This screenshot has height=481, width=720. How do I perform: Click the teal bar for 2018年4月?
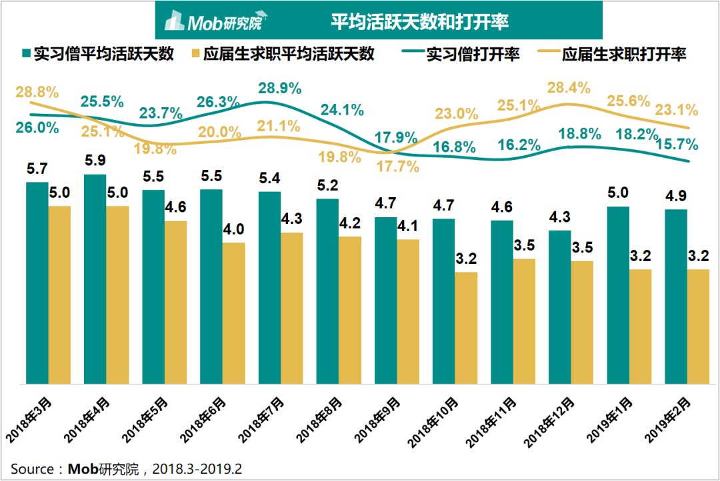95,279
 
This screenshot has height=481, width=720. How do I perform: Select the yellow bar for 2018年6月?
234,313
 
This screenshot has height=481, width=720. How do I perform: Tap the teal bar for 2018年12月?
560,307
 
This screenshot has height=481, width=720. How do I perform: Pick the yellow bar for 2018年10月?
466,328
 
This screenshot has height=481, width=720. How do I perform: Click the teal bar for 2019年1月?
618,295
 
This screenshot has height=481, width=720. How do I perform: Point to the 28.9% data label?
279,88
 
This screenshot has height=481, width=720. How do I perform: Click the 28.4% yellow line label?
569,87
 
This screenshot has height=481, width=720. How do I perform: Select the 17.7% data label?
397,166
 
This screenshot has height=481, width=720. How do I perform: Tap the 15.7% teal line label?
677,145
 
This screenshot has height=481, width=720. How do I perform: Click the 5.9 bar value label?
95,160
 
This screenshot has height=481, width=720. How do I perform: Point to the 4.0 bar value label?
233,229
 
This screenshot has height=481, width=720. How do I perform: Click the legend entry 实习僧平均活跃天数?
98,54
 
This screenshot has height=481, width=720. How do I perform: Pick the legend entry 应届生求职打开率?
611,55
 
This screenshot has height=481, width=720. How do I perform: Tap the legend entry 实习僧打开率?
461,55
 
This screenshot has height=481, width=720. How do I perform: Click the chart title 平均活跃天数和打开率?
420,21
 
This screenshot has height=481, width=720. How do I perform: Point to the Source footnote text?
126,469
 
